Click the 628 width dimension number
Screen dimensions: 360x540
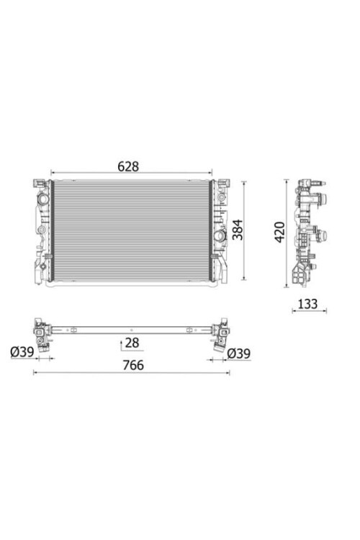(x=128, y=166)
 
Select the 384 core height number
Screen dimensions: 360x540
(x=238, y=230)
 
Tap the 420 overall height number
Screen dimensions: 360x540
(x=280, y=232)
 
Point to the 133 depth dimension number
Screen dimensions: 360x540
(x=307, y=304)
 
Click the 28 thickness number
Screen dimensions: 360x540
(x=132, y=343)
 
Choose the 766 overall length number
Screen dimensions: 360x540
(x=133, y=365)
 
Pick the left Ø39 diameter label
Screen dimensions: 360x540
(x=22, y=352)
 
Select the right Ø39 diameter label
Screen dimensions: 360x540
(x=239, y=354)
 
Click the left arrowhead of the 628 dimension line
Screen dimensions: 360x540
(x=53, y=172)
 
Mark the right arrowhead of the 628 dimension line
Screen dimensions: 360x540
(x=210, y=172)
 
